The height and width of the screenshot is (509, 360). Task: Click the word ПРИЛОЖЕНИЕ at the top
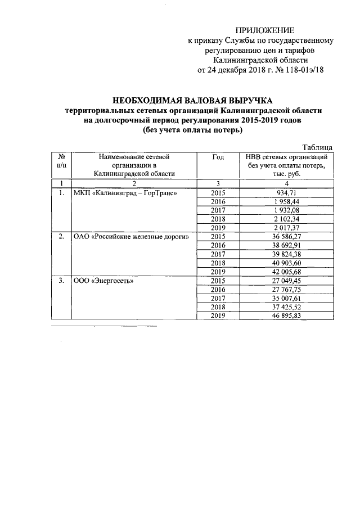point(264,30)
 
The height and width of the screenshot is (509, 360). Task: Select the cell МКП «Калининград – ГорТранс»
point(125,193)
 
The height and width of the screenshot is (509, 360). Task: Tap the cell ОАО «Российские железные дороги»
point(131,237)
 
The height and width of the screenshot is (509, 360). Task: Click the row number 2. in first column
point(61,237)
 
